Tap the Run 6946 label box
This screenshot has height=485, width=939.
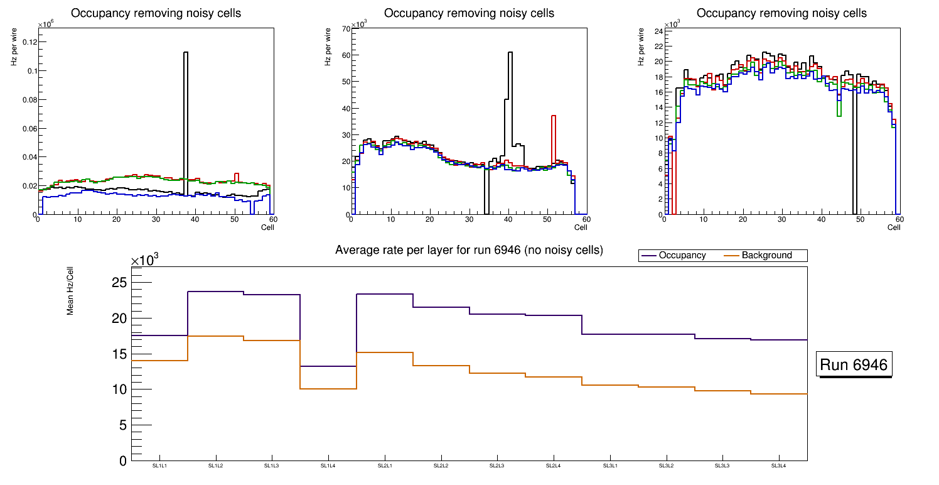coord(854,366)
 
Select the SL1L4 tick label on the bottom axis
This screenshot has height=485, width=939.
coord(328,466)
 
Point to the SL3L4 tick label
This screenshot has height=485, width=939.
coord(779,466)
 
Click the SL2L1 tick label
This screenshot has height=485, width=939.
coord(384,466)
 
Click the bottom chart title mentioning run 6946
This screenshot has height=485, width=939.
coord(469,250)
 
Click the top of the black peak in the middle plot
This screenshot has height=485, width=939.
coord(510,53)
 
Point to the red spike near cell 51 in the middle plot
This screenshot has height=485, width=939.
coord(554,116)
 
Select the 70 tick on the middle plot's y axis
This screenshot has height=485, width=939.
coord(344,29)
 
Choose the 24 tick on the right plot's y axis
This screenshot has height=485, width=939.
coord(659,31)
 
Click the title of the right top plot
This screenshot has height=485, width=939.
coord(781,13)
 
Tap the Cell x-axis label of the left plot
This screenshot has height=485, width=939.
coord(267,227)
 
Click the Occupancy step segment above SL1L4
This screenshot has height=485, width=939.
coord(328,366)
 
